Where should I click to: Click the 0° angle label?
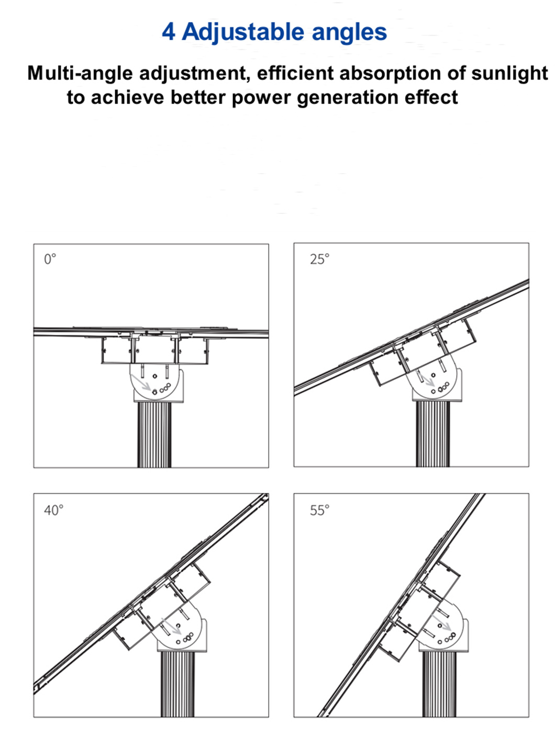(50, 259)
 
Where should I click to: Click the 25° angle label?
(319, 259)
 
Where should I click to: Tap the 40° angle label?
(53, 510)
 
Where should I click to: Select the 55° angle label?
(319, 510)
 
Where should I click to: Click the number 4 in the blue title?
(168, 32)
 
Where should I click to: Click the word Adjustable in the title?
(243, 32)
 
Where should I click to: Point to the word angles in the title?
(349, 32)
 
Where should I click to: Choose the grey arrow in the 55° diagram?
(442, 622)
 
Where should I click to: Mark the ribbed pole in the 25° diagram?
(433, 434)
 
